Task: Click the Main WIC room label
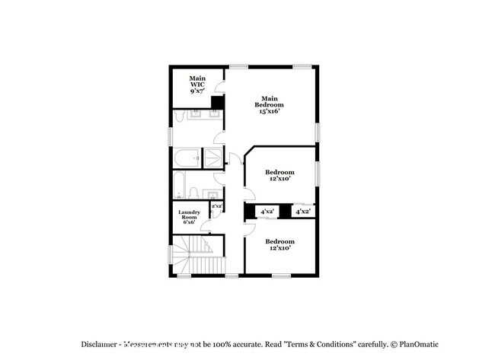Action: [197, 78]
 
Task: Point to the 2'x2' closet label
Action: [216, 205]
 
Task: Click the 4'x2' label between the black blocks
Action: [267, 211]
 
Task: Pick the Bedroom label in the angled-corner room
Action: [279, 172]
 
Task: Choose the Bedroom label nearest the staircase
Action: [279, 241]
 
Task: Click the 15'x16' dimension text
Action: [270, 110]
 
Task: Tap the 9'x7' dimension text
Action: [197, 91]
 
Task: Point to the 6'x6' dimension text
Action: [189, 221]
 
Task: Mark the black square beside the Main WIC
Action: [217, 103]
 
